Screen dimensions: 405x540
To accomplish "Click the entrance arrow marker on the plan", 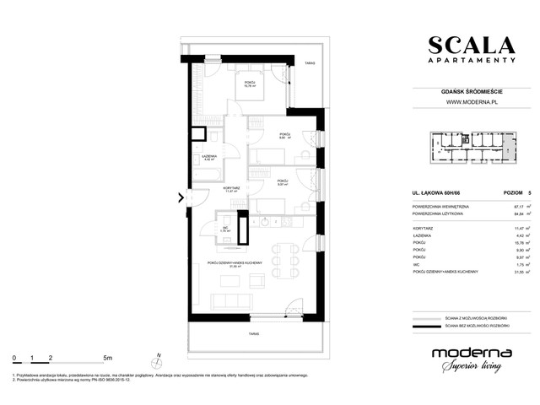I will (x=181, y=199).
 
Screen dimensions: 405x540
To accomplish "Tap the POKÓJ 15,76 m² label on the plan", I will (x=250, y=83).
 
